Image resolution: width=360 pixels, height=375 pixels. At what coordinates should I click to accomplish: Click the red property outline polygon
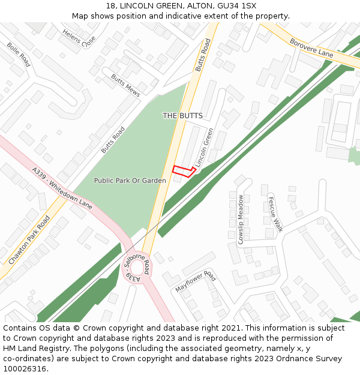[184, 172]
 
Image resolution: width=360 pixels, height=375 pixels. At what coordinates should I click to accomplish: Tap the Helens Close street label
[79, 39]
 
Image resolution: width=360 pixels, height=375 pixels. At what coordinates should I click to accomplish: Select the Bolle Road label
[19, 54]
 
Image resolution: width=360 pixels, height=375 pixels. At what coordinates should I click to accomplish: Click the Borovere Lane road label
[311, 48]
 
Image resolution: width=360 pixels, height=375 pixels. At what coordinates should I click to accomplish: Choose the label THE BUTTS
[182, 115]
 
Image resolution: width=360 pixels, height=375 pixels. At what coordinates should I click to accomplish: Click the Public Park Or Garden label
[130, 181]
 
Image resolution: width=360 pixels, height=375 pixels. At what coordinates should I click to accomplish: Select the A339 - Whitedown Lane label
[63, 188]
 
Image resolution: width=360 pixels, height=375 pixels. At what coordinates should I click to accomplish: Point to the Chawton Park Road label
[29, 240]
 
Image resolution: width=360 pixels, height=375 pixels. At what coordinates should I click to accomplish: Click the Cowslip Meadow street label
[241, 219]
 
